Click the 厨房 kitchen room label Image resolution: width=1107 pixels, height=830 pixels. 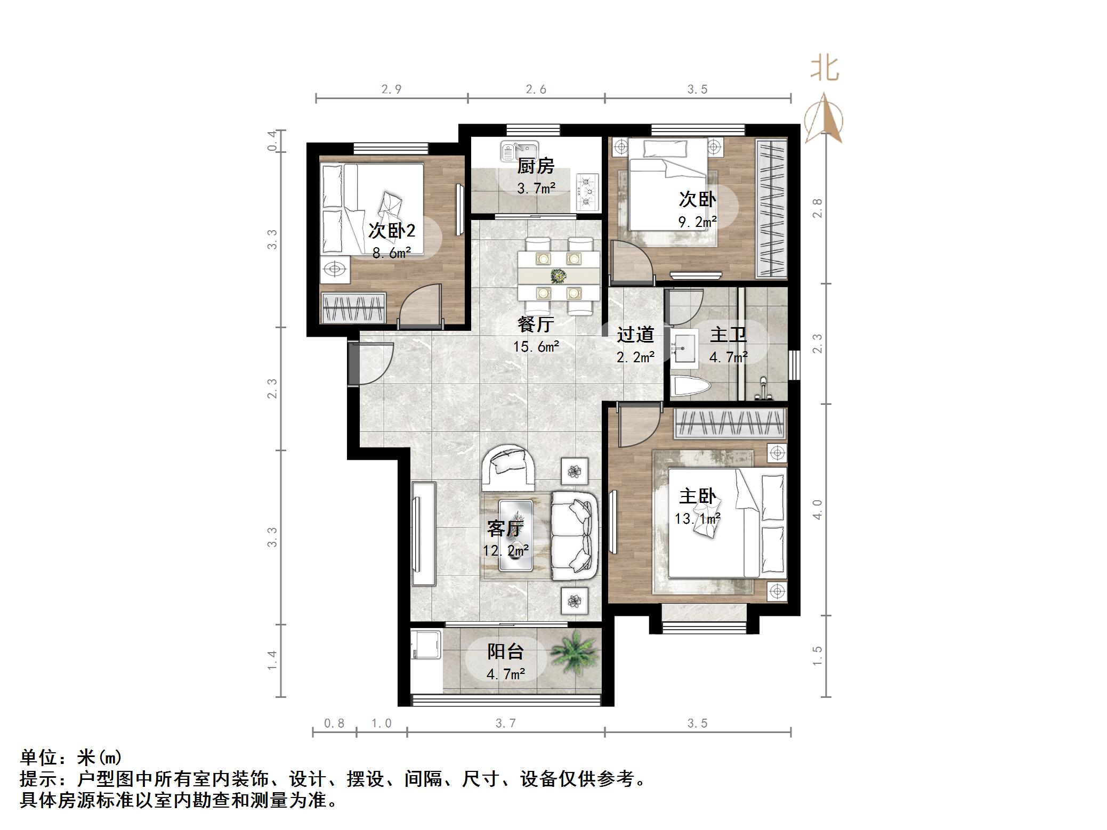click(536, 166)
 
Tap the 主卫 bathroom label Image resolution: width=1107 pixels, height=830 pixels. click(728, 335)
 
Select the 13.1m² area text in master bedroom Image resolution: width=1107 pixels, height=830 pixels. click(697, 518)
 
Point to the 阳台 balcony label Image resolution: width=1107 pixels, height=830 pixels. click(505, 651)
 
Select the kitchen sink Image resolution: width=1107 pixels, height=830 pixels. click(520, 151)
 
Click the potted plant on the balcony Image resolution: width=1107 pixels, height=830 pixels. click(573, 654)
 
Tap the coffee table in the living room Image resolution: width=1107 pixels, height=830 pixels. click(515, 535)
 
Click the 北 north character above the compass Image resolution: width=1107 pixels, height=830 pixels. click(824, 69)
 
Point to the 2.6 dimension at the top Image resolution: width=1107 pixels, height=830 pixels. click(536, 89)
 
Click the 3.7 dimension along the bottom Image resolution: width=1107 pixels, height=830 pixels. click(505, 723)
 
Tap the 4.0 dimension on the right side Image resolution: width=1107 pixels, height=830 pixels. click(817, 509)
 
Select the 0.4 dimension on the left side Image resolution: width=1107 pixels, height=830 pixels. click(272, 141)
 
